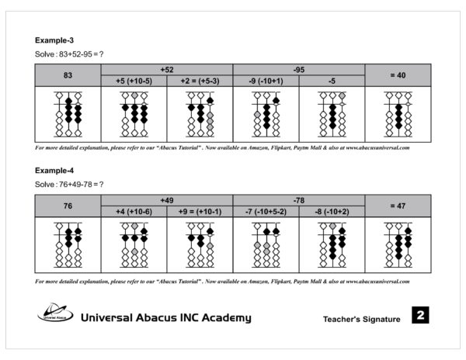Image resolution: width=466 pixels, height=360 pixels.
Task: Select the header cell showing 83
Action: [x=68, y=74]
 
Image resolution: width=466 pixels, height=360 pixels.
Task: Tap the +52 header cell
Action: [x=166, y=69]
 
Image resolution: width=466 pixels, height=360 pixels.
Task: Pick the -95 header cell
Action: [x=298, y=69]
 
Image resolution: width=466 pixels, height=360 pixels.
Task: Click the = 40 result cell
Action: [x=398, y=74]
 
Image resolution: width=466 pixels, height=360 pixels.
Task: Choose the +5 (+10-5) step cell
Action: [x=134, y=80]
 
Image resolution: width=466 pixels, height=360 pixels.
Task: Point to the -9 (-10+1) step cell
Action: [x=266, y=80]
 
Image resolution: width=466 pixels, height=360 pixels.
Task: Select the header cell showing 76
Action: [x=68, y=206]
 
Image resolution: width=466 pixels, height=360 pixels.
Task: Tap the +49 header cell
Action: [x=166, y=199]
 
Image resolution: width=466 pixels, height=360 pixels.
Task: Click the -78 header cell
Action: [x=298, y=199]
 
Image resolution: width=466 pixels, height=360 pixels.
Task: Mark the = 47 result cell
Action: [x=398, y=206]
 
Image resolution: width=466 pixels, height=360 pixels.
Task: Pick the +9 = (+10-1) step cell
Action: [x=200, y=211]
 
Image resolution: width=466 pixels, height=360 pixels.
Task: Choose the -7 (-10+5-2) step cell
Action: [x=266, y=211]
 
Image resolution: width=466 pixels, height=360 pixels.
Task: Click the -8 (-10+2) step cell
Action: [x=332, y=211]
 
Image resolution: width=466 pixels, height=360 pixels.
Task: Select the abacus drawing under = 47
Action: [x=398, y=245]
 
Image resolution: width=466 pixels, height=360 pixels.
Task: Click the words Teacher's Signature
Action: [x=361, y=319]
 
